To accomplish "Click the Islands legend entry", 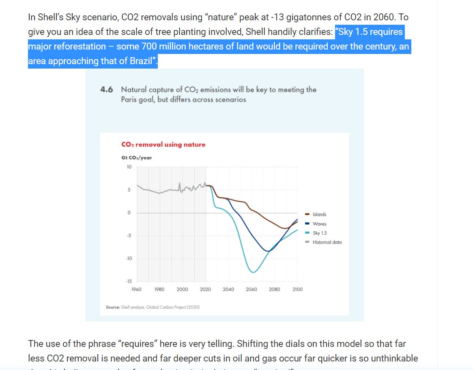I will pyautogui.click(x=319, y=214).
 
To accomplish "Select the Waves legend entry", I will pyautogui.click(x=319, y=224).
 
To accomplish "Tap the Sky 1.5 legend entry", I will pyautogui.click(x=320, y=233).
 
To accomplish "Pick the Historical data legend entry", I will pyautogui.click(x=327, y=242).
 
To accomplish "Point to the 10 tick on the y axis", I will pyautogui.click(x=129, y=167).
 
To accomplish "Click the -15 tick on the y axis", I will pyautogui.click(x=129, y=281).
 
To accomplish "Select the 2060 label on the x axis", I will pyautogui.click(x=252, y=289).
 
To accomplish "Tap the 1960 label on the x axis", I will pyautogui.click(x=137, y=289).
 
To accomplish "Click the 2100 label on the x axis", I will pyautogui.click(x=297, y=289).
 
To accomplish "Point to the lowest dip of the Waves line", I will pyautogui.click(x=268, y=252).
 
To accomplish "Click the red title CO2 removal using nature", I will pyautogui.click(x=163, y=144).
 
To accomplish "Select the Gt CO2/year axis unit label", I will pyautogui.click(x=137, y=157).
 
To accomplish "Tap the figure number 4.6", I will pyautogui.click(x=106, y=89).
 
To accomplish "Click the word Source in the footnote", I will pyautogui.click(x=112, y=307).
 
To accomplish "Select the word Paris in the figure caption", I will pyautogui.click(x=129, y=99).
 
